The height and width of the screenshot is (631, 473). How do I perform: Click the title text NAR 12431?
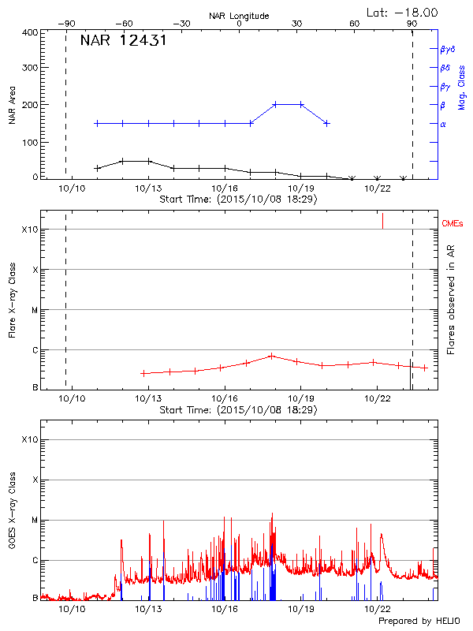point(123,41)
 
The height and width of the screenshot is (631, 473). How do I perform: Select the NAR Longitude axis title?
point(239,16)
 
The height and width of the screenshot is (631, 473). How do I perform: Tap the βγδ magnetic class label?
point(447,49)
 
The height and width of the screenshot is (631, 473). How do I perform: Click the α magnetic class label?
point(442,124)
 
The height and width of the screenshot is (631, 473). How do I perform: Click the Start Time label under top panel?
point(238,199)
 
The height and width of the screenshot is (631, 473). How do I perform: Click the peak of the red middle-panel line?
point(271,356)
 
